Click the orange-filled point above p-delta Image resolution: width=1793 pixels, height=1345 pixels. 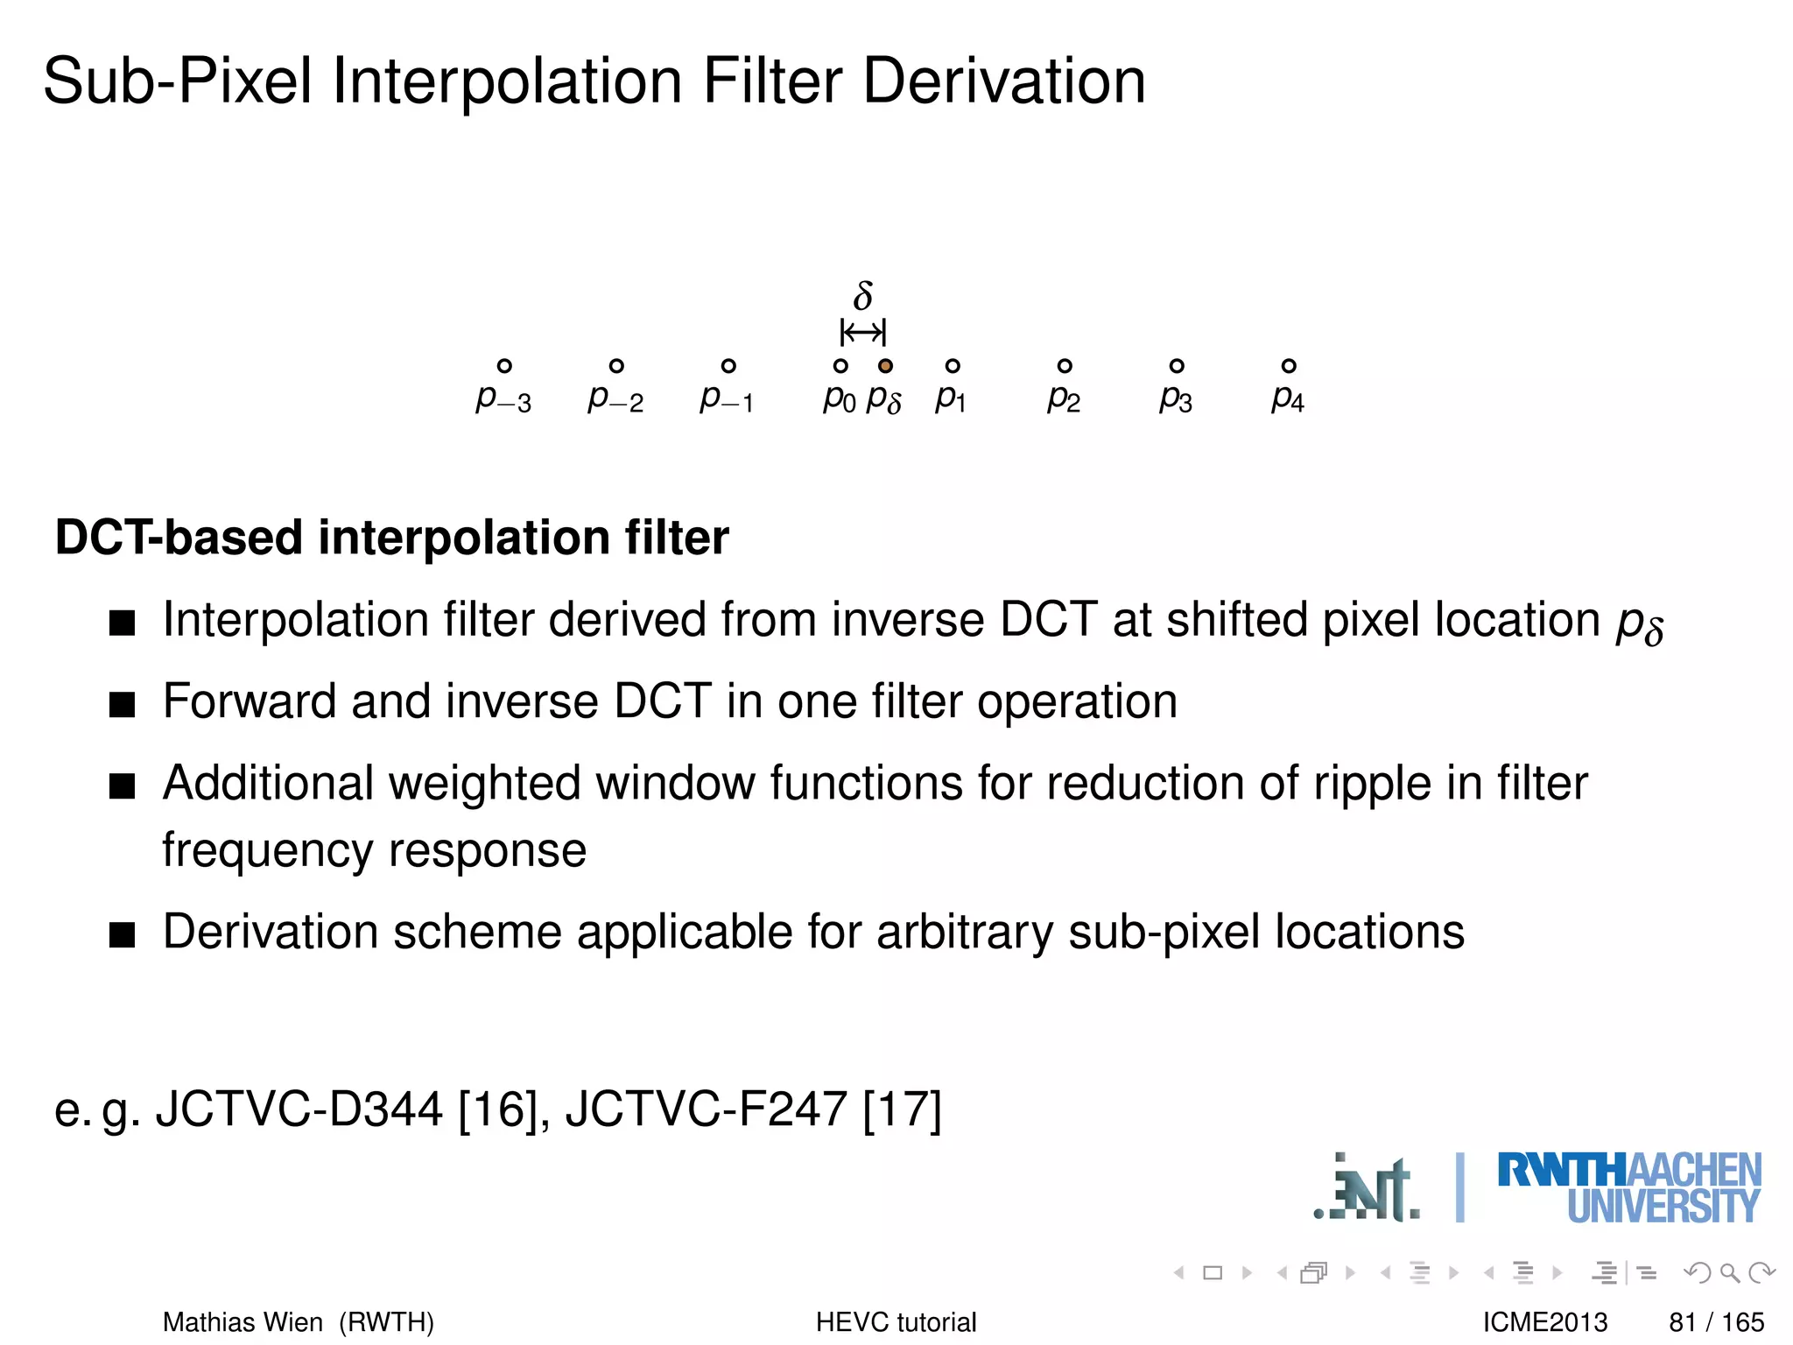point(885,366)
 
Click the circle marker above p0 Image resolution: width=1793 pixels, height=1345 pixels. point(840,366)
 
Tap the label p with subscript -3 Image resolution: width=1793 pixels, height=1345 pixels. point(503,399)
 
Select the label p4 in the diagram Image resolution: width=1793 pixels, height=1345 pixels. point(1288,399)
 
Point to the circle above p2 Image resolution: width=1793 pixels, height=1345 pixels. point(1065,366)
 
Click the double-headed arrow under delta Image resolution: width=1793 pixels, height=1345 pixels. point(863,333)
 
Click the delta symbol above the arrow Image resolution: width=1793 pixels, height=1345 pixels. point(863,296)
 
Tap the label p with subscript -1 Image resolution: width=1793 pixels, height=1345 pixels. point(727,399)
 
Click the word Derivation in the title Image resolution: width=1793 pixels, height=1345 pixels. point(1004,81)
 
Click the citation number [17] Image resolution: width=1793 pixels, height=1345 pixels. point(902,1109)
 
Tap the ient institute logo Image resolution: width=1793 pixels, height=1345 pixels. point(1368,1189)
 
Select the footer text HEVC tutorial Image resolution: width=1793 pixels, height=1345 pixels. point(896,1321)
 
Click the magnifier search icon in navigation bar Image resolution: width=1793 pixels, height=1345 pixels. point(1729,1272)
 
